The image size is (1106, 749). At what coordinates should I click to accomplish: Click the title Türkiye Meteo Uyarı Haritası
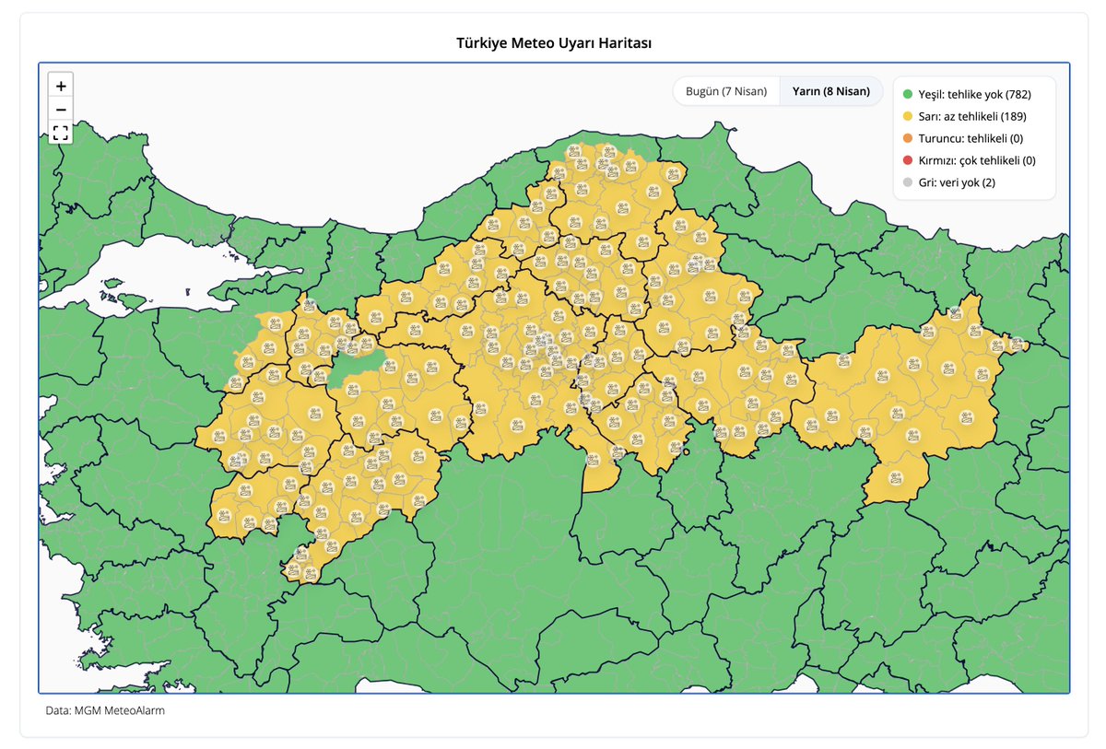pyautogui.click(x=554, y=43)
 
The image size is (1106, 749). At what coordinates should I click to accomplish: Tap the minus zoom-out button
pyautogui.click(x=61, y=110)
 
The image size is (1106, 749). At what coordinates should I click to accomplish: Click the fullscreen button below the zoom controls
pyautogui.click(x=61, y=133)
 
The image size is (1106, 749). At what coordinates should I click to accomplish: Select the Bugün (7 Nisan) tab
pyautogui.click(x=726, y=91)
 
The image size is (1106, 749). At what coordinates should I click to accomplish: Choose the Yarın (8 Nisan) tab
pyautogui.click(x=830, y=91)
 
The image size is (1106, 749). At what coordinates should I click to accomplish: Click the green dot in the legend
pyautogui.click(x=908, y=94)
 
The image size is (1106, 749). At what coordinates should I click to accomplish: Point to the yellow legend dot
pyautogui.click(x=908, y=116)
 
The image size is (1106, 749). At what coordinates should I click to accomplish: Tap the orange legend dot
pyautogui.click(x=908, y=138)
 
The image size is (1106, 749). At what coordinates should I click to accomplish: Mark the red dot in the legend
pyautogui.click(x=908, y=160)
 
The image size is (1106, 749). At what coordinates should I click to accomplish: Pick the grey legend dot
pyautogui.click(x=908, y=182)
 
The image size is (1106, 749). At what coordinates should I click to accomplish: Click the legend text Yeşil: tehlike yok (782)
pyautogui.click(x=974, y=94)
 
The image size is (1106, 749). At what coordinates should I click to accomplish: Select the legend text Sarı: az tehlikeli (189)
pyautogui.click(x=972, y=116)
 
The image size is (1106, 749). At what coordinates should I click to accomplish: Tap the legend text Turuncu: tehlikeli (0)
pyautogui.click(x=971, y=138)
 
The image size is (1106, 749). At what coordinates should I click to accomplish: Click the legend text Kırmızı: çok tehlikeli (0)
pyautogui.click(x=977, y=160)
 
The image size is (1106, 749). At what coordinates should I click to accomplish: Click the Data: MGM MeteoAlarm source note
pyautogui.click(x=105, y=711)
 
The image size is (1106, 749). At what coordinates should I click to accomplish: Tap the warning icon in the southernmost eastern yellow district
pyautogui.click(x=895, y=479)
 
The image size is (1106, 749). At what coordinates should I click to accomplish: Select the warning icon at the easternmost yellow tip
pyautogui.click(x=1016, y=344)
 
